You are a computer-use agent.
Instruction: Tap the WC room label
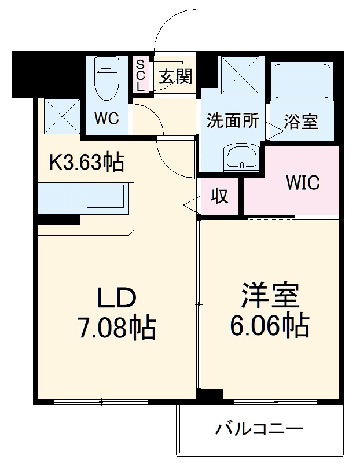[x=106, y=119]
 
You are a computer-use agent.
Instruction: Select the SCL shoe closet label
[x=141, y=75]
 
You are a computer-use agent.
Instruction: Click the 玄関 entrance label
[x=175, y=76]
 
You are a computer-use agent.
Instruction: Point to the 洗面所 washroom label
[x=233, y=121]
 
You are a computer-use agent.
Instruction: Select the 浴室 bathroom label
[x=301, y=122]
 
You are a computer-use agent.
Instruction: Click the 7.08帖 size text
[x=116, y=329]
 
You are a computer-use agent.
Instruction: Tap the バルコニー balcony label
[x=259, y=429]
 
